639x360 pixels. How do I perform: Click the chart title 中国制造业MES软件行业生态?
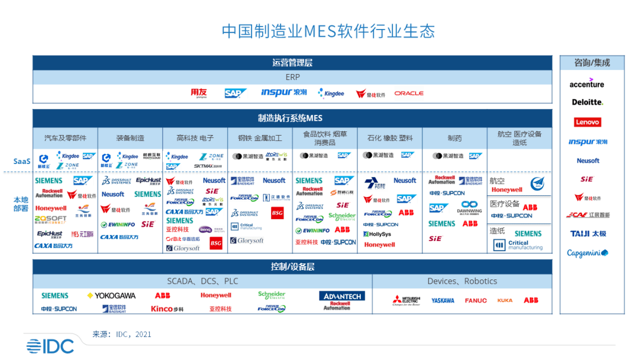(x=328, y=31)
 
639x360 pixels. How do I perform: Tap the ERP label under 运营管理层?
(x=292, y=77)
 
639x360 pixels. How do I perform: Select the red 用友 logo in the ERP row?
(x=199, y=93)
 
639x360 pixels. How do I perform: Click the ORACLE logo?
(x=409, y=94)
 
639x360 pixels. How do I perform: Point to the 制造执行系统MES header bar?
(x=292, y=118)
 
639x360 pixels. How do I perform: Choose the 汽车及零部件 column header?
(x=65, y=138)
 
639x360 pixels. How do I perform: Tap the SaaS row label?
(x=22, y=161)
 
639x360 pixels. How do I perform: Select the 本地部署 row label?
(x=21, y=204)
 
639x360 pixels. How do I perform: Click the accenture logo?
(x=587, y=83)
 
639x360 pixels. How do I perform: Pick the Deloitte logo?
(x=587, y=102)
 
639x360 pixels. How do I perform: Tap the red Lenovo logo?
(x=587, y=122)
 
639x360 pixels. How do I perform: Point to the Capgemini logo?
(x=587, y=253)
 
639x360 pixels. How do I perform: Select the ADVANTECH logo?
(x=342, y=295)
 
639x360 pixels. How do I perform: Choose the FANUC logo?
(x=476, y=301)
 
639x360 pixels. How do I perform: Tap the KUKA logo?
(x=505, y=301)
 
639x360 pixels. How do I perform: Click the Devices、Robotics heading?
(x=462, y=281)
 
